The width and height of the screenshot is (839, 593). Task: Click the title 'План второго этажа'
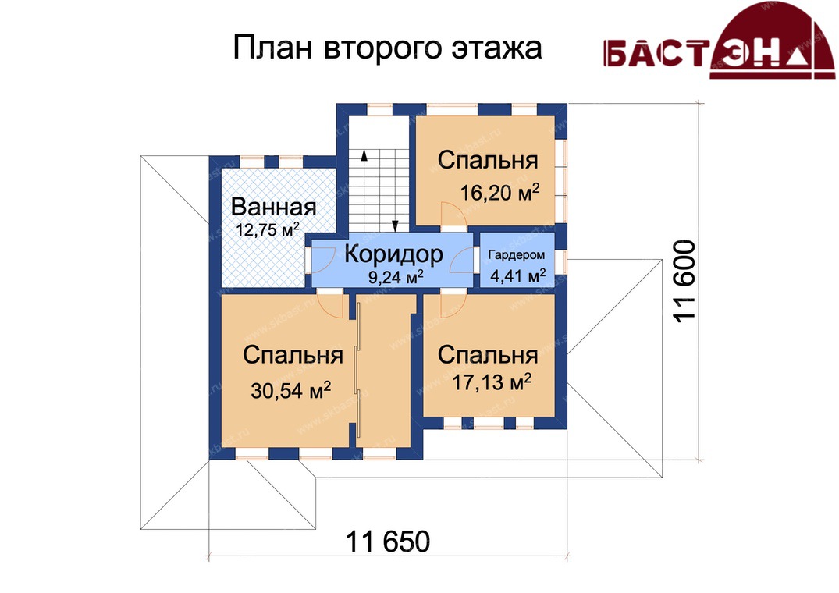pos(387,48)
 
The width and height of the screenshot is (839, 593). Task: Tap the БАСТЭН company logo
pos(719,41)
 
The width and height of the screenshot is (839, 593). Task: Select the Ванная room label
pos(273,207)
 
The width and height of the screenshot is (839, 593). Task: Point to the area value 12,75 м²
pos(268,230)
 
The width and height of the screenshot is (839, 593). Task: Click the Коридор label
pos(394,254)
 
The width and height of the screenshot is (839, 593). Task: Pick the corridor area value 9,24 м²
pos(396,276)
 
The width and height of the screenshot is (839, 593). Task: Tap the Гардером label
pos(517,256)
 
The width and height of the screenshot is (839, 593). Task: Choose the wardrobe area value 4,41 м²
pos(517,276)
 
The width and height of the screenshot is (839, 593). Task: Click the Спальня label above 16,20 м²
pos(488,160)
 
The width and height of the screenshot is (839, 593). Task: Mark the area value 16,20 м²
pos(499,193)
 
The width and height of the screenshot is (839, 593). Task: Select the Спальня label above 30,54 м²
pos(293,355)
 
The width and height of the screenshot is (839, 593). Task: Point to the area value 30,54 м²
pos(290,390)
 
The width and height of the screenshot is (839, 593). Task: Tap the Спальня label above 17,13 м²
pos(488,355)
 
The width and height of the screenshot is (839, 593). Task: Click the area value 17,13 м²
pos(492,383)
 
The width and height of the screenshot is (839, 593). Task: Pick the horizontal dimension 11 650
pos(388,542)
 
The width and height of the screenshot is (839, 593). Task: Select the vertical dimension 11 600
pos(684,281)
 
